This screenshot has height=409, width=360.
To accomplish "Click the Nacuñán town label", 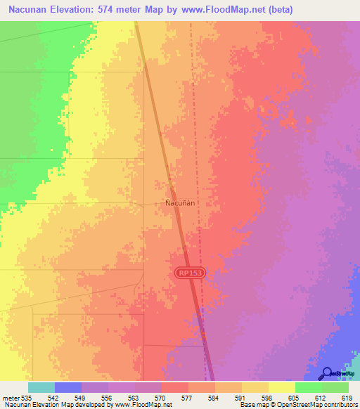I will click(x=179, y=202).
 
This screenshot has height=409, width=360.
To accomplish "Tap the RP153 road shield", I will click(x=189, y=273).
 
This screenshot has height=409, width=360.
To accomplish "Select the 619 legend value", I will click(x=347, y=398).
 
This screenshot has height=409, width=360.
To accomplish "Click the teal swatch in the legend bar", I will click(x=41, y=387).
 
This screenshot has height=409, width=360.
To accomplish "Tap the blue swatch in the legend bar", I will click(x=68, y=387).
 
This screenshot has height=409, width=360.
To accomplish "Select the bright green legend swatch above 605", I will click(x=308, y=387).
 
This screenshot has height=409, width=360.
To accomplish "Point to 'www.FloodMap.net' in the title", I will click(x=218, y=10).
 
